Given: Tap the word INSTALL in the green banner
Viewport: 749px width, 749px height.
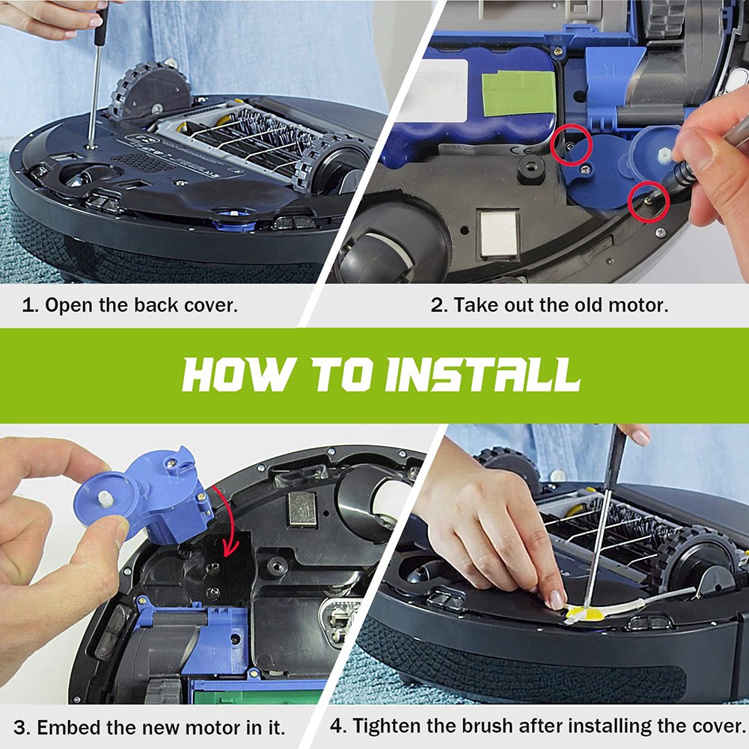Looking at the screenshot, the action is [x=483, y=375].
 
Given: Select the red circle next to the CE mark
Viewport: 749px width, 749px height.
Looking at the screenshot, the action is [x=572, y=146].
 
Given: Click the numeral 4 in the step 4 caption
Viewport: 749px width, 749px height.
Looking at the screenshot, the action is [x=336, y=726].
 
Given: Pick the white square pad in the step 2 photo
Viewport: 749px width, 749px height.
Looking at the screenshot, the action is [x=499, y=233].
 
